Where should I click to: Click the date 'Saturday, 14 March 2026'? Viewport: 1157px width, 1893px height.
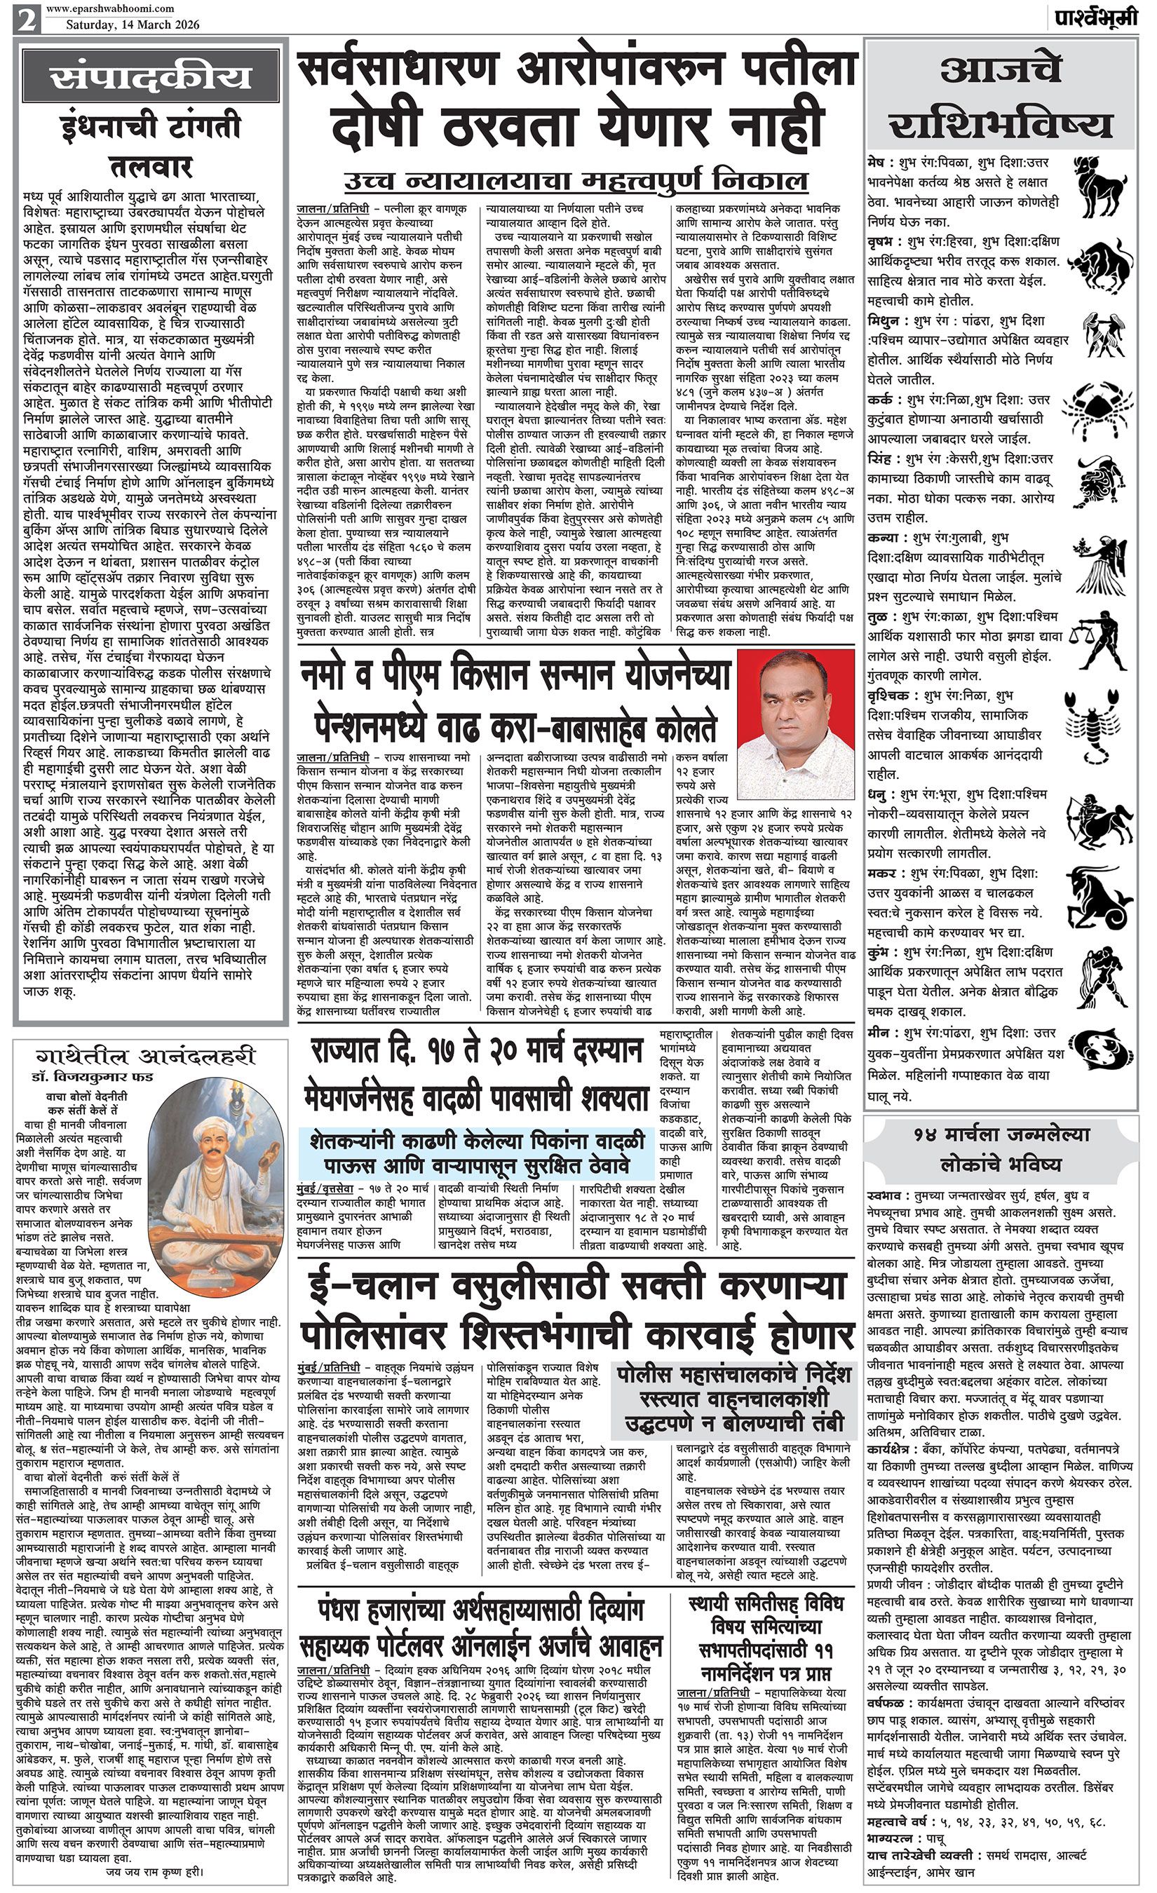pyautogui.click(x=132, y=25)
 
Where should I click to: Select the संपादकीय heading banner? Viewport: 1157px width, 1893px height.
pyautogui.click(x=151, y=78)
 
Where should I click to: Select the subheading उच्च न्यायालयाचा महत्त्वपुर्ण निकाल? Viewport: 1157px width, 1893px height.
pyautogui.click(x=576, y=181)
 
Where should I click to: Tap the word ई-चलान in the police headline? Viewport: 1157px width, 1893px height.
pyautogui.click(x=374, y=1289)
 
